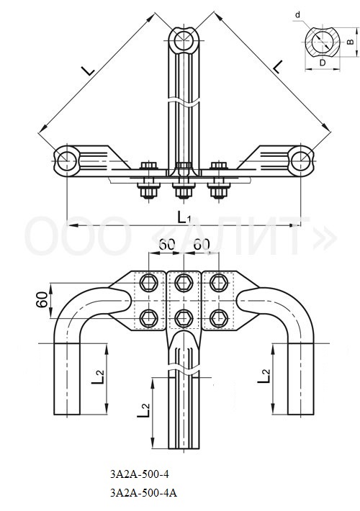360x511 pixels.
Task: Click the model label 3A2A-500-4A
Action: [x=143, y=492]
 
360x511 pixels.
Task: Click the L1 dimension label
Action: [x=184, y=217]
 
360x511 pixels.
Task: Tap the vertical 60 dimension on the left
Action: [x=42, y=300]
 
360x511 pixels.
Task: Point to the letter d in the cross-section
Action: [x=297, y=14]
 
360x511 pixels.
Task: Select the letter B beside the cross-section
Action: [x=350, y=42]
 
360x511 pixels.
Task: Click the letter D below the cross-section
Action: [x=323, y=63]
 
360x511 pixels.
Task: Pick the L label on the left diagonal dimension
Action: [x=88, y=70]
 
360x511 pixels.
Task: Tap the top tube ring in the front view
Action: [x=184, y=41]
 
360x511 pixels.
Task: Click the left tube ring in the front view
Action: [x=67, y=161]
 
